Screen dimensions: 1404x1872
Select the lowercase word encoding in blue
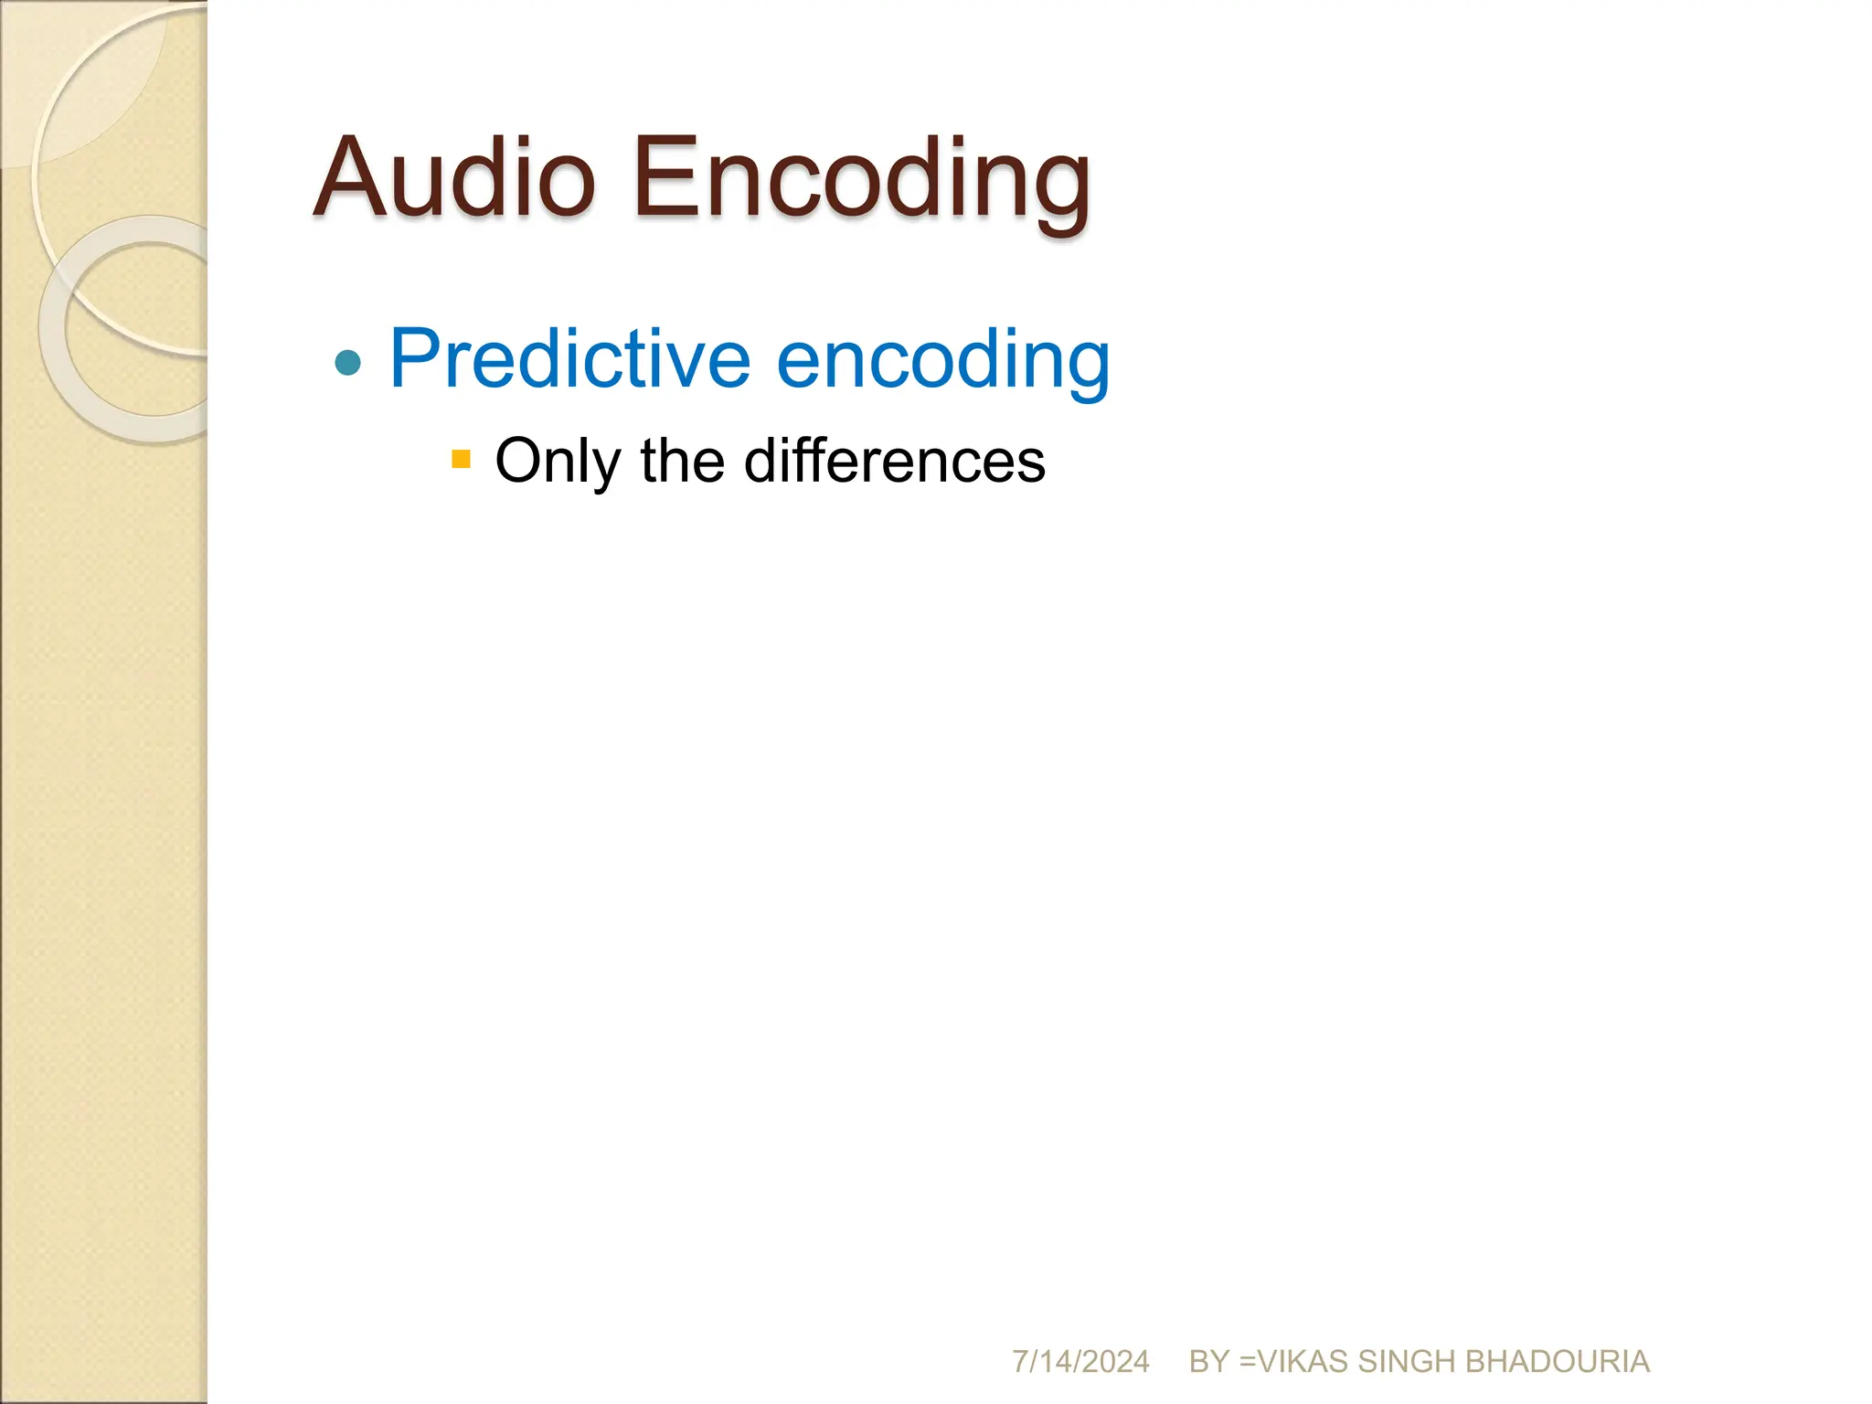942,361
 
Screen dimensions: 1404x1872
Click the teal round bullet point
348,363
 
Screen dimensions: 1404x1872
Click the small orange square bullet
461,458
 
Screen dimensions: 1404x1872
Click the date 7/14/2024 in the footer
1080,1362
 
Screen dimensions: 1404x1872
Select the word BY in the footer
1208,1362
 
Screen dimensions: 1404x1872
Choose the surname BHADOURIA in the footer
1558,1362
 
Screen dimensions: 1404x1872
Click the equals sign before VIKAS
1247,1362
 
